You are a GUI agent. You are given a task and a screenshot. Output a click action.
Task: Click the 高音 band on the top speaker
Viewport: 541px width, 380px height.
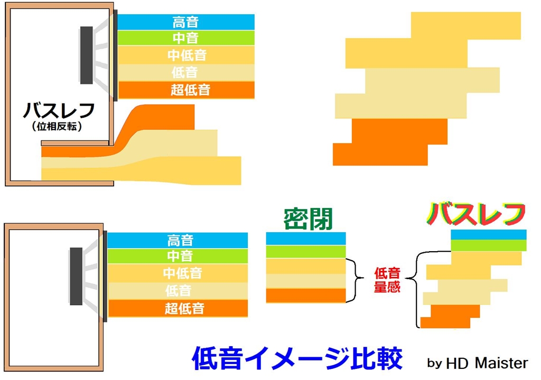point(185,22)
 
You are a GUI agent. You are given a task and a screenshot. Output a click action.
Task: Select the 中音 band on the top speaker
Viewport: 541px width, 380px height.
point(185,38)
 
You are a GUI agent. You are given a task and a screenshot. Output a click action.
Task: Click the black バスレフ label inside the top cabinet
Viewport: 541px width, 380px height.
point(59,110)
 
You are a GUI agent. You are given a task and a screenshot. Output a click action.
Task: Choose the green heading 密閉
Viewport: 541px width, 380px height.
point(308,219)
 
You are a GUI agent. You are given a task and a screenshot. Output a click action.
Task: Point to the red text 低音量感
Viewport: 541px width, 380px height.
point(387,280)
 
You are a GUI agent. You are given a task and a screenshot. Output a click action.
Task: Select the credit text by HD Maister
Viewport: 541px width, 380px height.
point(477,363)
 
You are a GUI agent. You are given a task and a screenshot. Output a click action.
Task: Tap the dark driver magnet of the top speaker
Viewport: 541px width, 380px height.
point(86,55)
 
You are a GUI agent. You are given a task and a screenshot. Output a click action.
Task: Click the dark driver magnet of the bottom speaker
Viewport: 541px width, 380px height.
point(76,276)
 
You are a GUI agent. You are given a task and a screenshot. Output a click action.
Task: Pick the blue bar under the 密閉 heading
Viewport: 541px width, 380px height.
point(306,239)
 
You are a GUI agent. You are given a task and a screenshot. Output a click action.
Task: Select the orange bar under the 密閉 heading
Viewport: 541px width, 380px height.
point(306,296)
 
